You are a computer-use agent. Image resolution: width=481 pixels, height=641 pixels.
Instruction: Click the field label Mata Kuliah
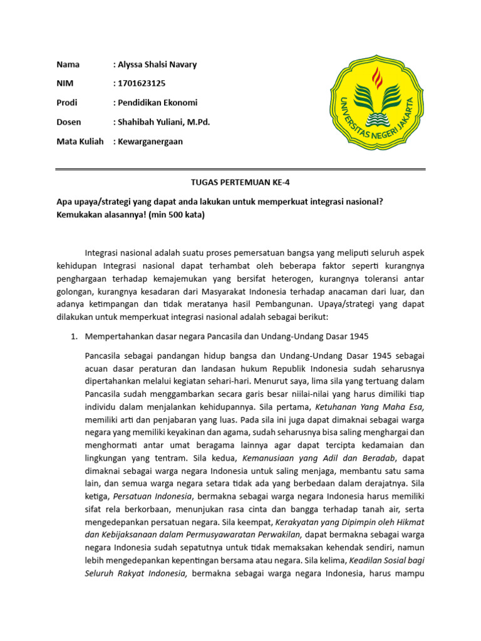80,141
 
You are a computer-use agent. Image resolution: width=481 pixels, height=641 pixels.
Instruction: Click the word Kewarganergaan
150,141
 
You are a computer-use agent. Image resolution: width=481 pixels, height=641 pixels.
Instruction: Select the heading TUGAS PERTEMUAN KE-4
240,182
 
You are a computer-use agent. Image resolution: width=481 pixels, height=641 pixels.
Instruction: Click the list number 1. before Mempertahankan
73,337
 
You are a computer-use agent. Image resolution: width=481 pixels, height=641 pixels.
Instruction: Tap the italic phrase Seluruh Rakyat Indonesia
135,574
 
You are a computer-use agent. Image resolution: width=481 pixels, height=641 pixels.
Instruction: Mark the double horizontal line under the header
240,169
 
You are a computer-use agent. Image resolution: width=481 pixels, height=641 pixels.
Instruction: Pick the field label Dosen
68,122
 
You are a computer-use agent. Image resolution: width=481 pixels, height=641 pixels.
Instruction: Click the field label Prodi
66,103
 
